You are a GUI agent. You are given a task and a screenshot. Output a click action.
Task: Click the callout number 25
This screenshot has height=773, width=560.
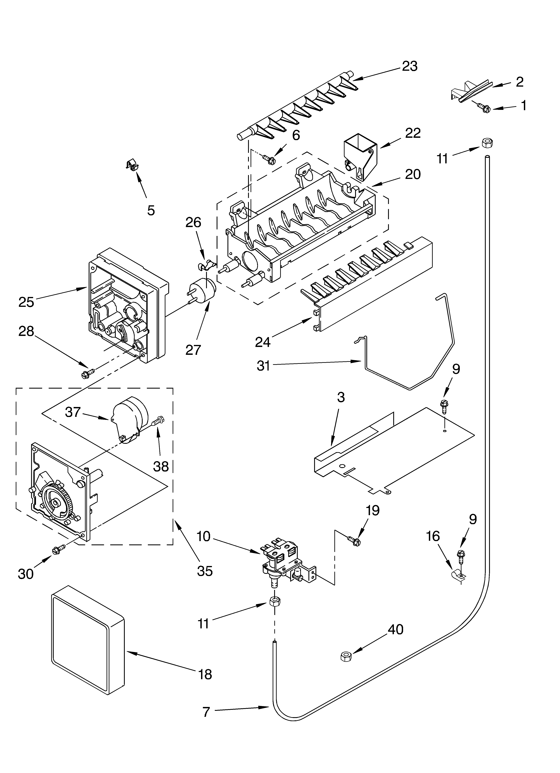pos(26,302)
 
